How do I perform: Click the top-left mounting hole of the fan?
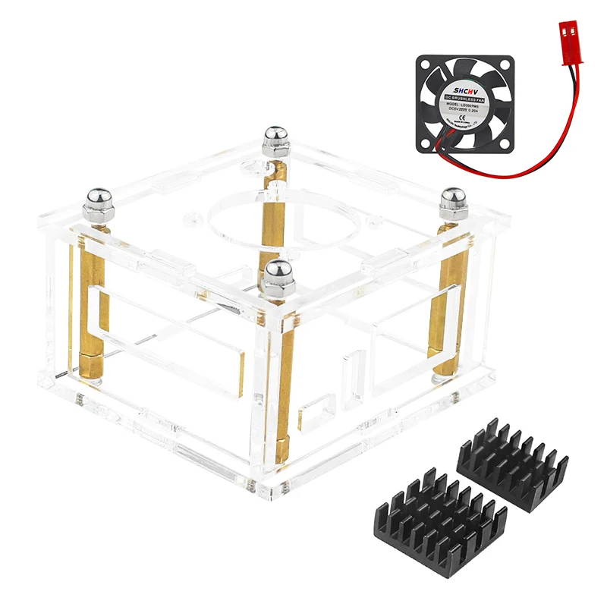click(x=423, y=64)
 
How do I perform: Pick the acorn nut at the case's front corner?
click(x=276, y=275)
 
